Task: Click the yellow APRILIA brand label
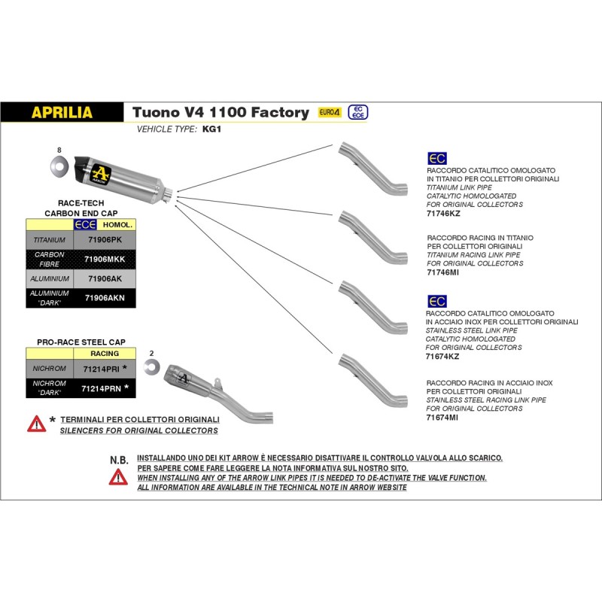(62, 113)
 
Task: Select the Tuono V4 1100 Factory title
(220, 112)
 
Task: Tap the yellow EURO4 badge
(330, 112)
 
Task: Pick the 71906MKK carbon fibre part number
(105, 259)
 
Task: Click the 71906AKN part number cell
(105, 297)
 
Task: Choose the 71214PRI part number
(100, 369)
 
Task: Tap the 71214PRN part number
(100, 388)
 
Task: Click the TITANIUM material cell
(50, 239)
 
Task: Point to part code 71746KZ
(442, 214)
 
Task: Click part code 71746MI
(442, 272)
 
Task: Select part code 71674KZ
(442, 357)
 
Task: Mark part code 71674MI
(442, 417)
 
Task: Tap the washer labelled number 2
(152, 366)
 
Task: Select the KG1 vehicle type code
(211, 129)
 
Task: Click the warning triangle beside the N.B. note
(118, 476)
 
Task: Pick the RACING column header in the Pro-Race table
(105, 352)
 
